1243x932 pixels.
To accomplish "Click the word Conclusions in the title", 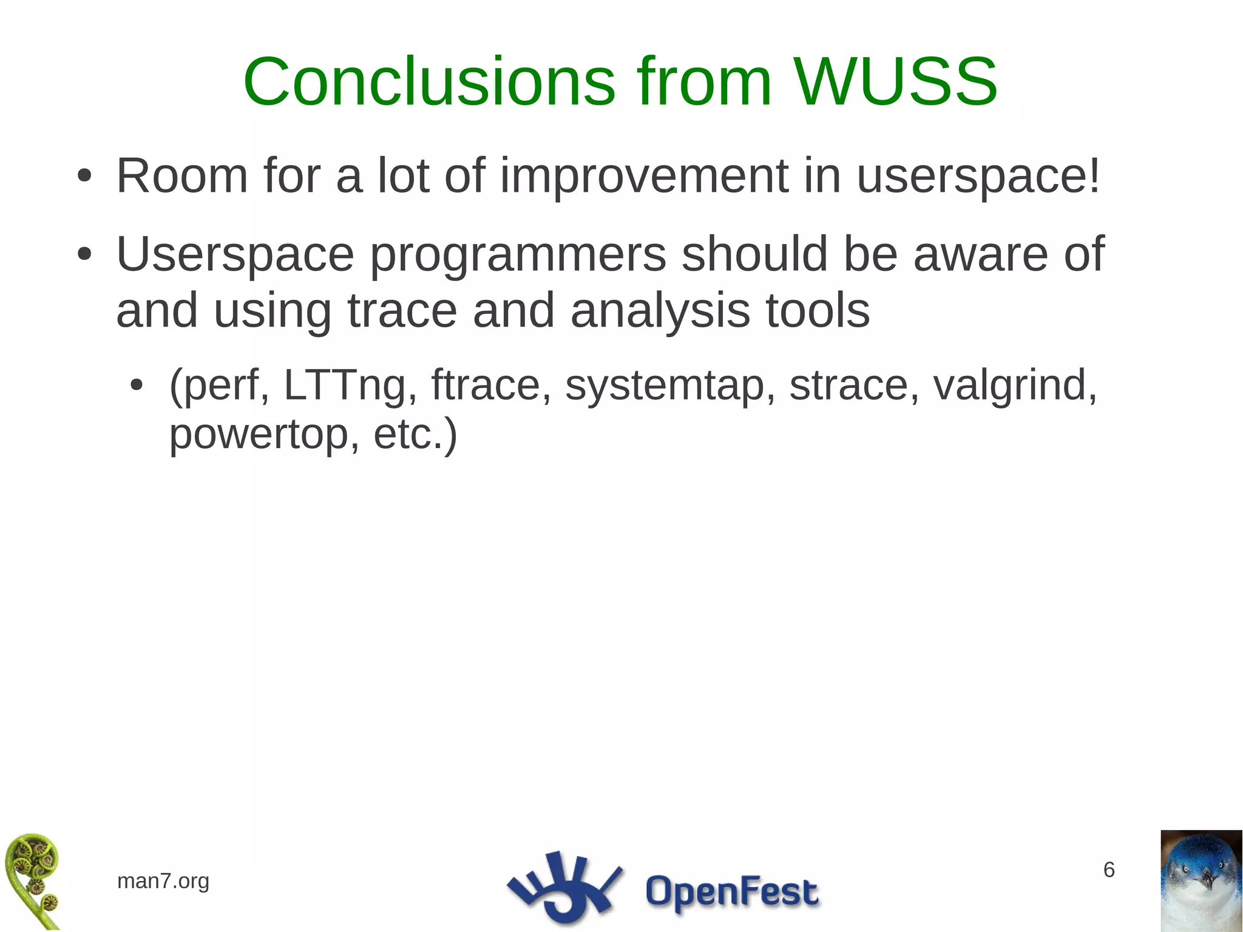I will [429, 82].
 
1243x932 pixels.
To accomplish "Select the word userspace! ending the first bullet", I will [978, 177].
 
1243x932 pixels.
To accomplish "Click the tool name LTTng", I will [344, 386].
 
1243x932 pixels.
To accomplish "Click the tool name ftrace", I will [486, 386].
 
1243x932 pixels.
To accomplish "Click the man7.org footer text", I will [163, 881].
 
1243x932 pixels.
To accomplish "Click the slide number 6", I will [1109, 870].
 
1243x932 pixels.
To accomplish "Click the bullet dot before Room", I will [84, 177].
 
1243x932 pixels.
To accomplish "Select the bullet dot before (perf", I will [137, 386].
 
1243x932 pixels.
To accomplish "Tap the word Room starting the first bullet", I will [182, 177].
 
